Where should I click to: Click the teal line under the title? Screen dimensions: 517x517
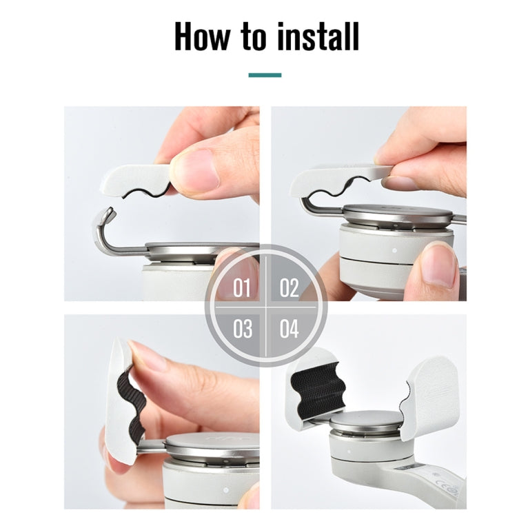(x=265, y=74)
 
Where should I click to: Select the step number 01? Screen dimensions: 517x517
(x=241, y=287)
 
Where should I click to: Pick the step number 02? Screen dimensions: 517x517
(x=290, y=287)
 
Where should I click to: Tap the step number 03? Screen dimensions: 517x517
(x=241, y=328)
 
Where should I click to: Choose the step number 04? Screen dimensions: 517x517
(x=290, y=328)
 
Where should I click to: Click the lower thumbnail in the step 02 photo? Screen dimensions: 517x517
(x=438, y=265)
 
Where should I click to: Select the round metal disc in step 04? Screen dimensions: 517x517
(x=363, y=423)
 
